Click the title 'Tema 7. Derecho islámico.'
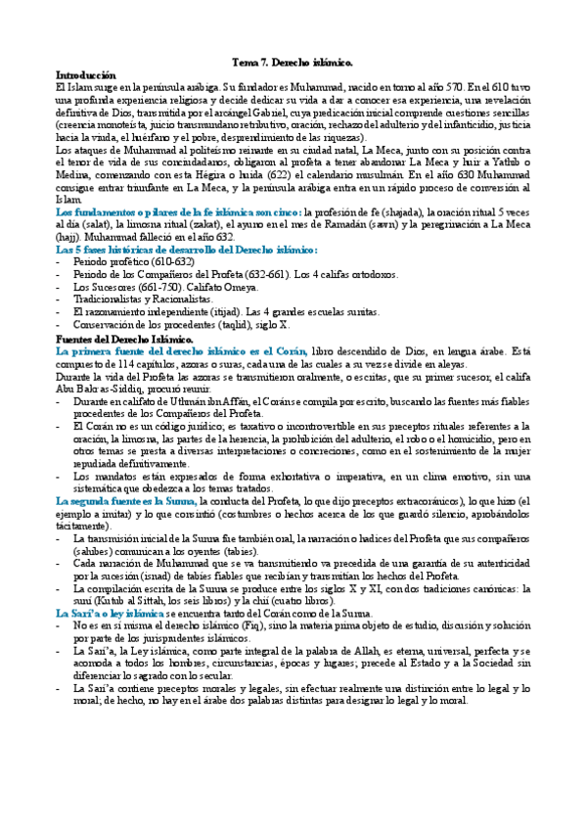point(293,61)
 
